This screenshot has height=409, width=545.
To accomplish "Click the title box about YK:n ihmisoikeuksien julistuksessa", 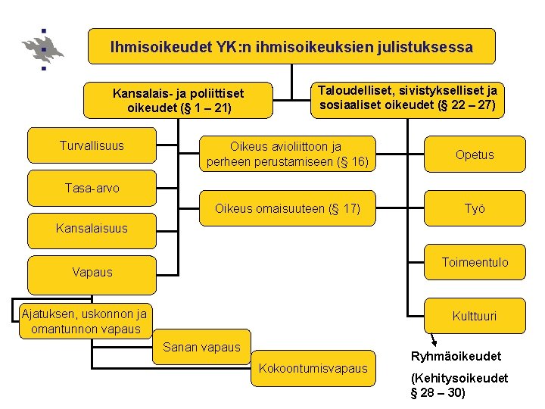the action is pos(291,47).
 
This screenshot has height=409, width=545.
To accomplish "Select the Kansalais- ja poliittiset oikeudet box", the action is pos(178,101).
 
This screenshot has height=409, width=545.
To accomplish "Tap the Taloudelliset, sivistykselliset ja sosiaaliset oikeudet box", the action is pos(408,98).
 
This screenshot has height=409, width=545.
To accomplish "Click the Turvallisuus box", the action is pos(92,145).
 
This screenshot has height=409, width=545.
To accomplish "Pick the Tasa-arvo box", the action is pos(92,188).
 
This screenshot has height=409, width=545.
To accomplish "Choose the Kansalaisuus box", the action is pos(92,228).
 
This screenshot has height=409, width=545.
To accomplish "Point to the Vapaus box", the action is pos(92,272).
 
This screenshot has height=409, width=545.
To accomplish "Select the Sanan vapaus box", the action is pos(201,348).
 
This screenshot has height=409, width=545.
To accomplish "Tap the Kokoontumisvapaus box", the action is pos(313,368).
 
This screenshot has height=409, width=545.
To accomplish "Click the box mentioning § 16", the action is pos(287,154).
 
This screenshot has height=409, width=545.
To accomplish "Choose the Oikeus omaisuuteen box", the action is pos(287,208).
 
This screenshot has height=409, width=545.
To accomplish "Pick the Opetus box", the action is pos(475,155).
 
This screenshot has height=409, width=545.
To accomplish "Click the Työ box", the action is pos(475,208).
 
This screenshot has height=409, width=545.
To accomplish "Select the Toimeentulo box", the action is pos(475,263).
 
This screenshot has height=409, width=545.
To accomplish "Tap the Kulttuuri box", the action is pos(475,316).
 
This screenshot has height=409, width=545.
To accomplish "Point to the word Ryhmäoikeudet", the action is pos(456,356).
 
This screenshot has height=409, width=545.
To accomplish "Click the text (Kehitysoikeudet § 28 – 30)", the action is pos(458,386).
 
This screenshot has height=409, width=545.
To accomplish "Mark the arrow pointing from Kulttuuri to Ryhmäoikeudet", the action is pos(433,339).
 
